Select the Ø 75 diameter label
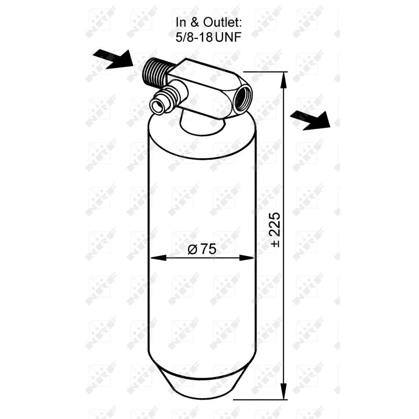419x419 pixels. pyautogui.click(x=202, y=249)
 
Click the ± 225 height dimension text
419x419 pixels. pyautogui.click(x=276, y=230)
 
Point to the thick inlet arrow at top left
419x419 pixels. pyautogui.click(x=113, y=59)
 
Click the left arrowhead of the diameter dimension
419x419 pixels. pyautogui.click(x=155, y=258)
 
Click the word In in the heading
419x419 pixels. pyautogui.click(x=181, y=23)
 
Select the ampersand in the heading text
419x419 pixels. pyautogui.click(x=195, y=23)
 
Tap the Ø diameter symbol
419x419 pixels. pyautogui.click(x=192, y=250)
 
